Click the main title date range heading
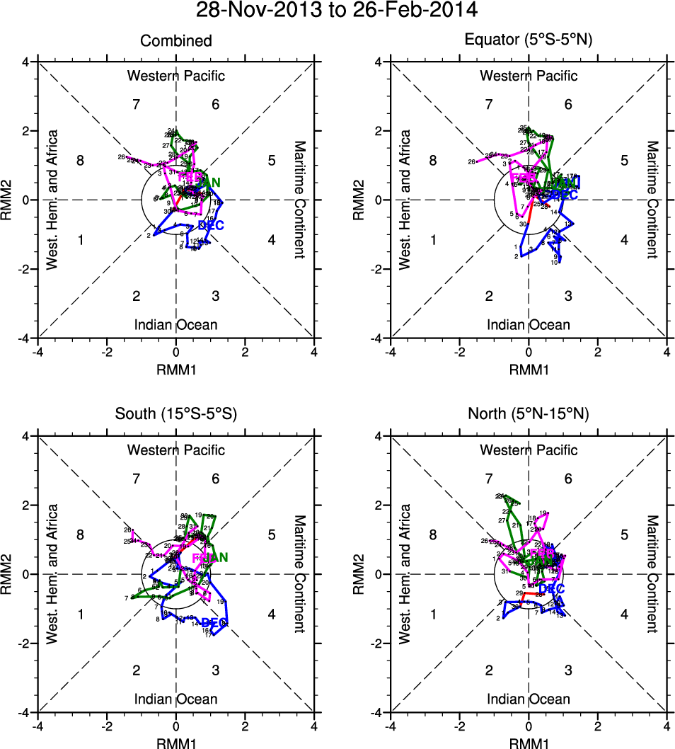click(337, 11)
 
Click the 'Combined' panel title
click(175, 41)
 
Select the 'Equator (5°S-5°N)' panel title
click(528, 41)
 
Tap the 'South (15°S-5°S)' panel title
click(175, 416)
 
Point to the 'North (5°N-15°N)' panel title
click(528, 416)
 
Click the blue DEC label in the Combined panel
click(211, 225)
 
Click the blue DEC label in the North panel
click(552, 589)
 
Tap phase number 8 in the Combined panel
click(80, 161)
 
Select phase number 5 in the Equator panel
click(624, 161)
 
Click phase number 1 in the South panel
click(80, 614)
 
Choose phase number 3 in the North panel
click(568, 670)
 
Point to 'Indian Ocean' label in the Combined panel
click(175, 325)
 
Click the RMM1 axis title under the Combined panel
click(175, 369)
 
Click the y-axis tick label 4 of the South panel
click(24, 436)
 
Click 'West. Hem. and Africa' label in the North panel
click(405, 574)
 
